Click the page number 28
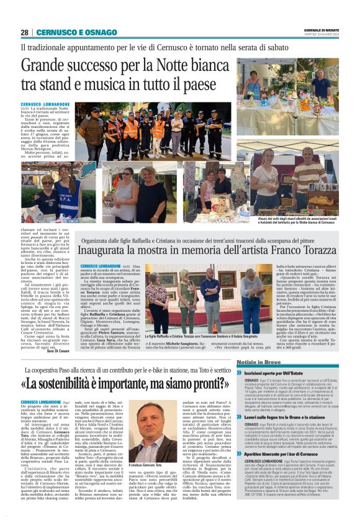pos(24,32)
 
